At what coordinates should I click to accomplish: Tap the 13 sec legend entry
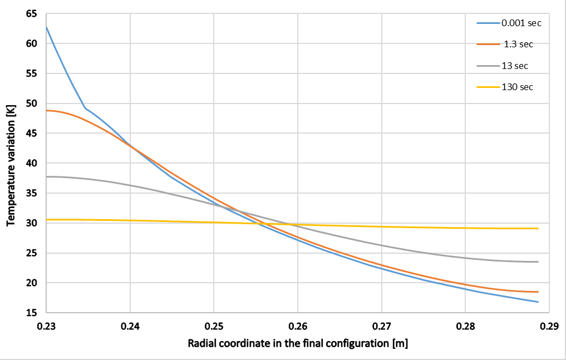pos(515,66)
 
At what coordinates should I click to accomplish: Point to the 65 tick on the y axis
pos(32,13)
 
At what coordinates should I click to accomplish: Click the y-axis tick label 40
pos(32,163)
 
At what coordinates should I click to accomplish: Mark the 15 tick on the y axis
pos(32,313)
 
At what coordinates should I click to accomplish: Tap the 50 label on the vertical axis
pos(32,103)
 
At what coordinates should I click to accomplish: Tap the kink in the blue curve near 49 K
pos(85,108)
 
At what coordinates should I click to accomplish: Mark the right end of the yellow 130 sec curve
pos(538,228)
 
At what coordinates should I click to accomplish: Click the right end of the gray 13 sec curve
pos(538,262)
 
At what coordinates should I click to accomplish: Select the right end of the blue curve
pos(538,302)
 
